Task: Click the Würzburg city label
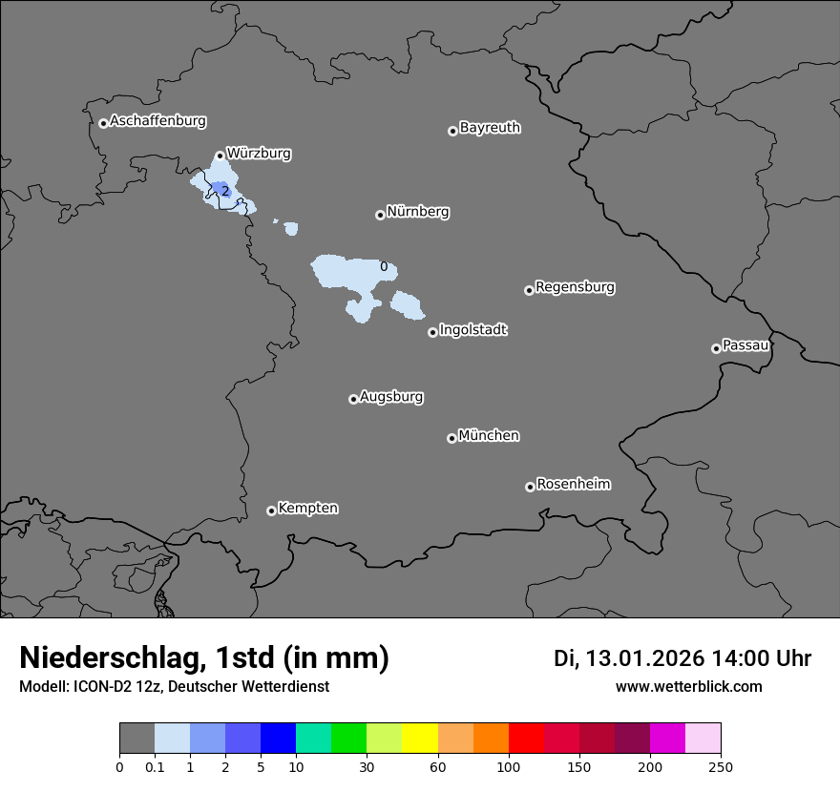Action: tap(259, 153)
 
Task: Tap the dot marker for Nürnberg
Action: tap(380, 215)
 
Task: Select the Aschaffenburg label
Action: tap(157, 121)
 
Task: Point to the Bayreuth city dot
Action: tap(452, 131)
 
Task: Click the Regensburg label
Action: tap(575, 286)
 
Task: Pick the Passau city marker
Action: tap(716, 348)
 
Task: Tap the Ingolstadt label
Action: tap(472, 329)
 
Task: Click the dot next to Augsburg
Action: tap(353, 399)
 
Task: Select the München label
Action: tap(489, 435)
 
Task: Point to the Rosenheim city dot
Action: tap(530, 487)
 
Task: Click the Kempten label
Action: tap(307, 508)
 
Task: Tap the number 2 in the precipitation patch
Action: tap(224, 191)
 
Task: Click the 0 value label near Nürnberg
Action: tap(384, 266)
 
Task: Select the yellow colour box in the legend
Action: tap(420, 739)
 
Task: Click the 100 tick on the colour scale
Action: tap(509, 766)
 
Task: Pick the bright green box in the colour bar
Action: tap(349, 739)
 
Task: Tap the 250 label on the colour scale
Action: tap(721, 766)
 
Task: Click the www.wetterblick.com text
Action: tap(688, 686)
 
